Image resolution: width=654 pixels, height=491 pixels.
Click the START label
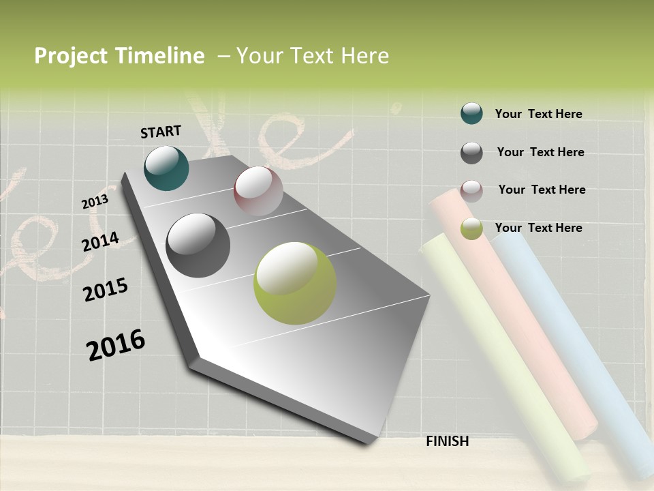pos(161,132)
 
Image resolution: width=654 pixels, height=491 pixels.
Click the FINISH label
pos(447,441)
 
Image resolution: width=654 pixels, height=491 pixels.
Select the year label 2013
pos(95,202)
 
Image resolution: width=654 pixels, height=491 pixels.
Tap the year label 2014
pos(100,242)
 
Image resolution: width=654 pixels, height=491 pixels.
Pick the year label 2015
pos(106,290)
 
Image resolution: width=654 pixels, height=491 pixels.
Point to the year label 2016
pos(116,345)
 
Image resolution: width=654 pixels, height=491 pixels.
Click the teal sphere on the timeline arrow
pos(166,168)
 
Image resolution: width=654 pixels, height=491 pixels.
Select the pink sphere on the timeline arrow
pos(258,191)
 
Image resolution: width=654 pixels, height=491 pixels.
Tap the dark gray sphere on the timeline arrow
pos(198,245)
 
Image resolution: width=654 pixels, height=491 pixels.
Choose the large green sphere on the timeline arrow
pos(294,283)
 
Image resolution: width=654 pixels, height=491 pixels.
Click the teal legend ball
pos(471,113)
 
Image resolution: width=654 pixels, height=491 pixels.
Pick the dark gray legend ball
pos(471,153)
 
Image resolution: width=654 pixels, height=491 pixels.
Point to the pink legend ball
pos(471,191)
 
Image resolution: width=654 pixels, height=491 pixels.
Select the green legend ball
pos(471,228)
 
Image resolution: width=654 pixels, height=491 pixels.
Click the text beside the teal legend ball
pos(538,114)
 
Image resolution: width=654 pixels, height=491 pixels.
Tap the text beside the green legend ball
pos(538,228)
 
